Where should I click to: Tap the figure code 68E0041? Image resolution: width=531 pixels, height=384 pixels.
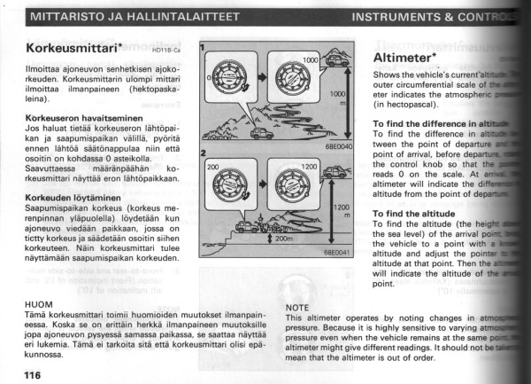pyautogui.click(x=337, y=253)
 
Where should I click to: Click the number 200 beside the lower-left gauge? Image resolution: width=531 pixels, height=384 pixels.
pyautogui.click(x=212, y=166)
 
